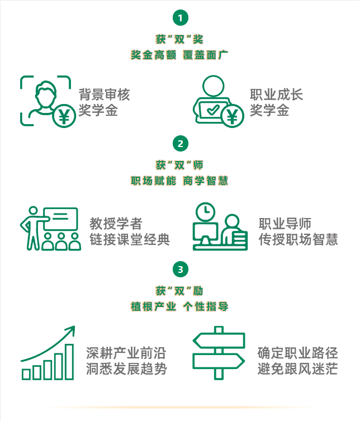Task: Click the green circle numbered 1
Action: coord(180,18)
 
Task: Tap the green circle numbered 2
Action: coord(180,144)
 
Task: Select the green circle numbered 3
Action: coord(180,269)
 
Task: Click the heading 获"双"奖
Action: coord(179,40)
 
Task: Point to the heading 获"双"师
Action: coord(179,165)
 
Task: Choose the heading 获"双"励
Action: coord(179,291)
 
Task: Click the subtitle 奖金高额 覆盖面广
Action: coord(179,55)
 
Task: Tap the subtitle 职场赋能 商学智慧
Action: coord(179,181)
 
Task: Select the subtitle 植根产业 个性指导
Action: coord(179,306)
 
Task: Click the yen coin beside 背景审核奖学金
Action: coord(64,116)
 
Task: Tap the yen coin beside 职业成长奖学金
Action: coord(232,116)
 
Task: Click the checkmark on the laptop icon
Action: coord(213,110)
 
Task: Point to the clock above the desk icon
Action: coord(205,211)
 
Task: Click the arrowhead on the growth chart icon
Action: coord(72,329)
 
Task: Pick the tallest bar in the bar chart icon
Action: coord(69,362)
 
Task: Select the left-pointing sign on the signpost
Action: coord(219,340)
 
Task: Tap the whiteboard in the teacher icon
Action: coord(61,219)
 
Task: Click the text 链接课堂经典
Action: coord(130,239)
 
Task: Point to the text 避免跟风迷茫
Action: coord(297,368)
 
